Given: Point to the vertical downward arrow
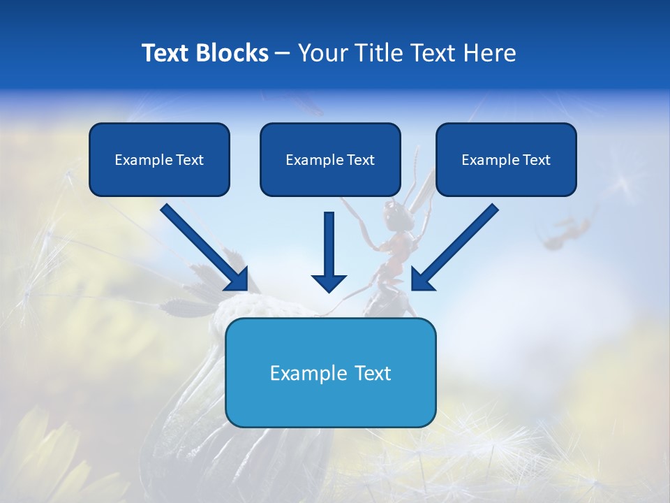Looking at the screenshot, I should coord(329,245).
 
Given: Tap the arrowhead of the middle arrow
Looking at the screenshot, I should coord(329,282).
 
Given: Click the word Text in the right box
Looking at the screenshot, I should coord(536,160).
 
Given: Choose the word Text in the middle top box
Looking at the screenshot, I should coord(360,160).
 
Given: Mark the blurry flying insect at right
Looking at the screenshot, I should coord(567,231).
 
